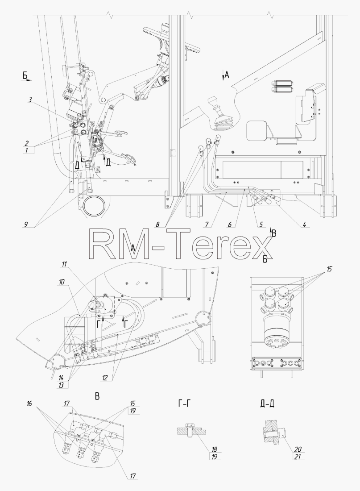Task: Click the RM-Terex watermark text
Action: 179,244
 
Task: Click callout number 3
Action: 30,100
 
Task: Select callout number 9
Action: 26,224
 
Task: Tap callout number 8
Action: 157,224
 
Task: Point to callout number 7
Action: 207,224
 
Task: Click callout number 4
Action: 304,224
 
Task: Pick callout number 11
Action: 64,264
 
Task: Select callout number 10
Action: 62,282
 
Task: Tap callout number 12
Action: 105,378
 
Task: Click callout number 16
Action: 29,404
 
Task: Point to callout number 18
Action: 214,449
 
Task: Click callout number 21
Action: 298,457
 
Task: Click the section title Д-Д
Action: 267,404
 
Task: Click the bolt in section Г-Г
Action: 190,431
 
